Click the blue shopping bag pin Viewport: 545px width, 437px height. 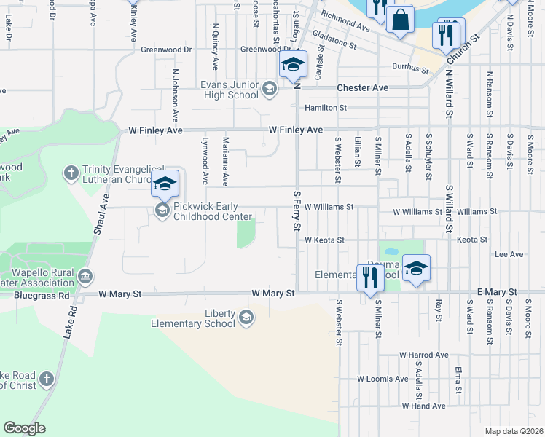coord(400,20)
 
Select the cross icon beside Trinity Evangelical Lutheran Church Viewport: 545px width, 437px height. coord(71,173)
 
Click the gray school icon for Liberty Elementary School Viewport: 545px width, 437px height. coord(247,317)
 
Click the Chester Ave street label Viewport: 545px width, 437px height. coord(362,87)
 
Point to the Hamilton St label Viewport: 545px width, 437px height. coord(325,108)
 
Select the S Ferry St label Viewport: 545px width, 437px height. coord(297,211)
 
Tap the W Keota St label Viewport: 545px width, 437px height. coord(324,240)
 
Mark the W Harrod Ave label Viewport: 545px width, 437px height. coord(423,355)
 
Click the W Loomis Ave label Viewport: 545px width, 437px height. coord(383,379)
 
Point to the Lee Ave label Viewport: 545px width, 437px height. coord(509,255)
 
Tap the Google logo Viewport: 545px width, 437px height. coord(24,428)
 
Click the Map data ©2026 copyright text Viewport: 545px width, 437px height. coord(514,431)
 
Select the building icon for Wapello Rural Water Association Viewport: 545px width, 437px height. coord(86,276)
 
